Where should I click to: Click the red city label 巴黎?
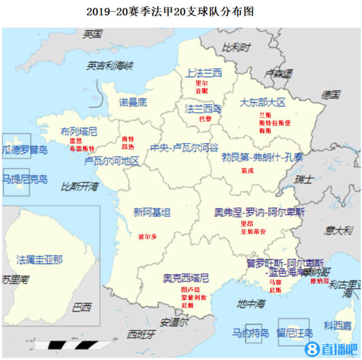(205, 119)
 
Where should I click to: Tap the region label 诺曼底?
(133, 102)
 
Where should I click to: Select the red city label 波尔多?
(147, 237)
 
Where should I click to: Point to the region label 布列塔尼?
(79, 132)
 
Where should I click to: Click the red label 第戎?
(247, 170)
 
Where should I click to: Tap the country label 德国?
(331, 95)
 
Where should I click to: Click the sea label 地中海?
(251, 303)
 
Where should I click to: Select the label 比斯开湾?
(80, 186)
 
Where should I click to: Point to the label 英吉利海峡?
(109, 66)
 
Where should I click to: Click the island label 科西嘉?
(338, 326)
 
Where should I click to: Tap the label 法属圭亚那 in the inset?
(39, 260)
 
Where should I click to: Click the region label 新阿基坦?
(152, 213)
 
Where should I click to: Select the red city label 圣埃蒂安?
(253, 232)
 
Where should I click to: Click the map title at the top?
(170, 11)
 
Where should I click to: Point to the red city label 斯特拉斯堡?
(275, 123)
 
